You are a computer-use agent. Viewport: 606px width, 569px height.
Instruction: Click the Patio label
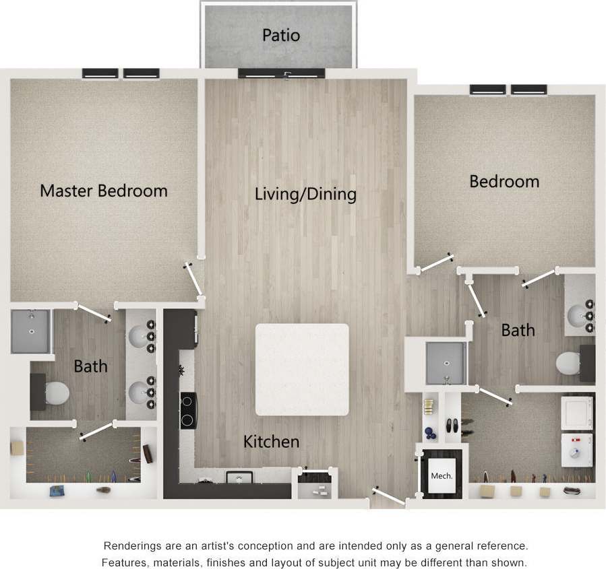click(281, 34)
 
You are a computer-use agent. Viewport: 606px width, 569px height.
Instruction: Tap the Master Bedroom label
click(104, 191)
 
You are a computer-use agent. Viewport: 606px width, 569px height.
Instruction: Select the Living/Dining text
click(305, 195)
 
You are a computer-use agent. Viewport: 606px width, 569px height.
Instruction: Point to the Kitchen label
click(271, 442)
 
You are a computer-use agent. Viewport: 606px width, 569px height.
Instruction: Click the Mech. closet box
click(442, 476)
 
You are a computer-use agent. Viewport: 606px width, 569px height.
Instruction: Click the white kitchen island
click(302, 369)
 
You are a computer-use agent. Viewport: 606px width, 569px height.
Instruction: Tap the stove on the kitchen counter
click(187, 410)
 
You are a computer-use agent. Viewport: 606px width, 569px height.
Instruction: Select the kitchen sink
click(238, 478)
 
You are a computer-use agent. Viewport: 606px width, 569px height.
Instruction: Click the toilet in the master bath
click(56, 391)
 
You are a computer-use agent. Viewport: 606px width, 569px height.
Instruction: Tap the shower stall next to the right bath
click(446, 364)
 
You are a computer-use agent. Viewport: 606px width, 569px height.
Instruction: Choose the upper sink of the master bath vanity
click(140, 335)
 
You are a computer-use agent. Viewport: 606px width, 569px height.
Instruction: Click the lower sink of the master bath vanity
click(140, 391)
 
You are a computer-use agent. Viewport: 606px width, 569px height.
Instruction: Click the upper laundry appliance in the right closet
click(576, 413)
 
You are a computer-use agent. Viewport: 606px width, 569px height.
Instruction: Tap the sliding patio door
click(282, 73)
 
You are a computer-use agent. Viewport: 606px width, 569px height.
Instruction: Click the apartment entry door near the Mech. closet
click(389, 498)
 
